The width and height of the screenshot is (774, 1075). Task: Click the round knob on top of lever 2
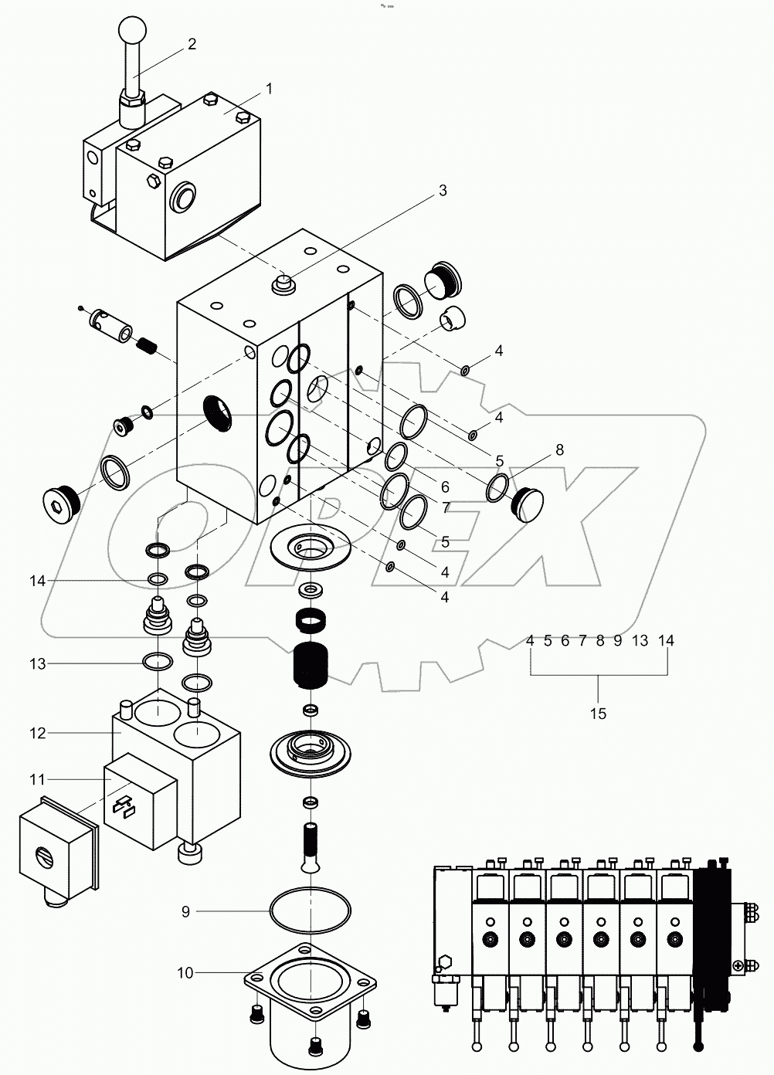(132, 32)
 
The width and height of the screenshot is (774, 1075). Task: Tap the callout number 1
(268, 89)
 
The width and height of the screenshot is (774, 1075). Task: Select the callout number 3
(442, 191)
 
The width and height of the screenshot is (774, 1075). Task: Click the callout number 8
(559, 450)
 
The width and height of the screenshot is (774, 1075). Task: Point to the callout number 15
(599, 714)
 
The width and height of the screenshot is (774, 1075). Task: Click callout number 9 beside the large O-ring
(185, 911)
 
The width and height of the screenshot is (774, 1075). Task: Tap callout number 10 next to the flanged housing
(185, 973)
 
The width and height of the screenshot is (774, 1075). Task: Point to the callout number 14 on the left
(39, 581)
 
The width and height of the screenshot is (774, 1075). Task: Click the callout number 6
(445, 487)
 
